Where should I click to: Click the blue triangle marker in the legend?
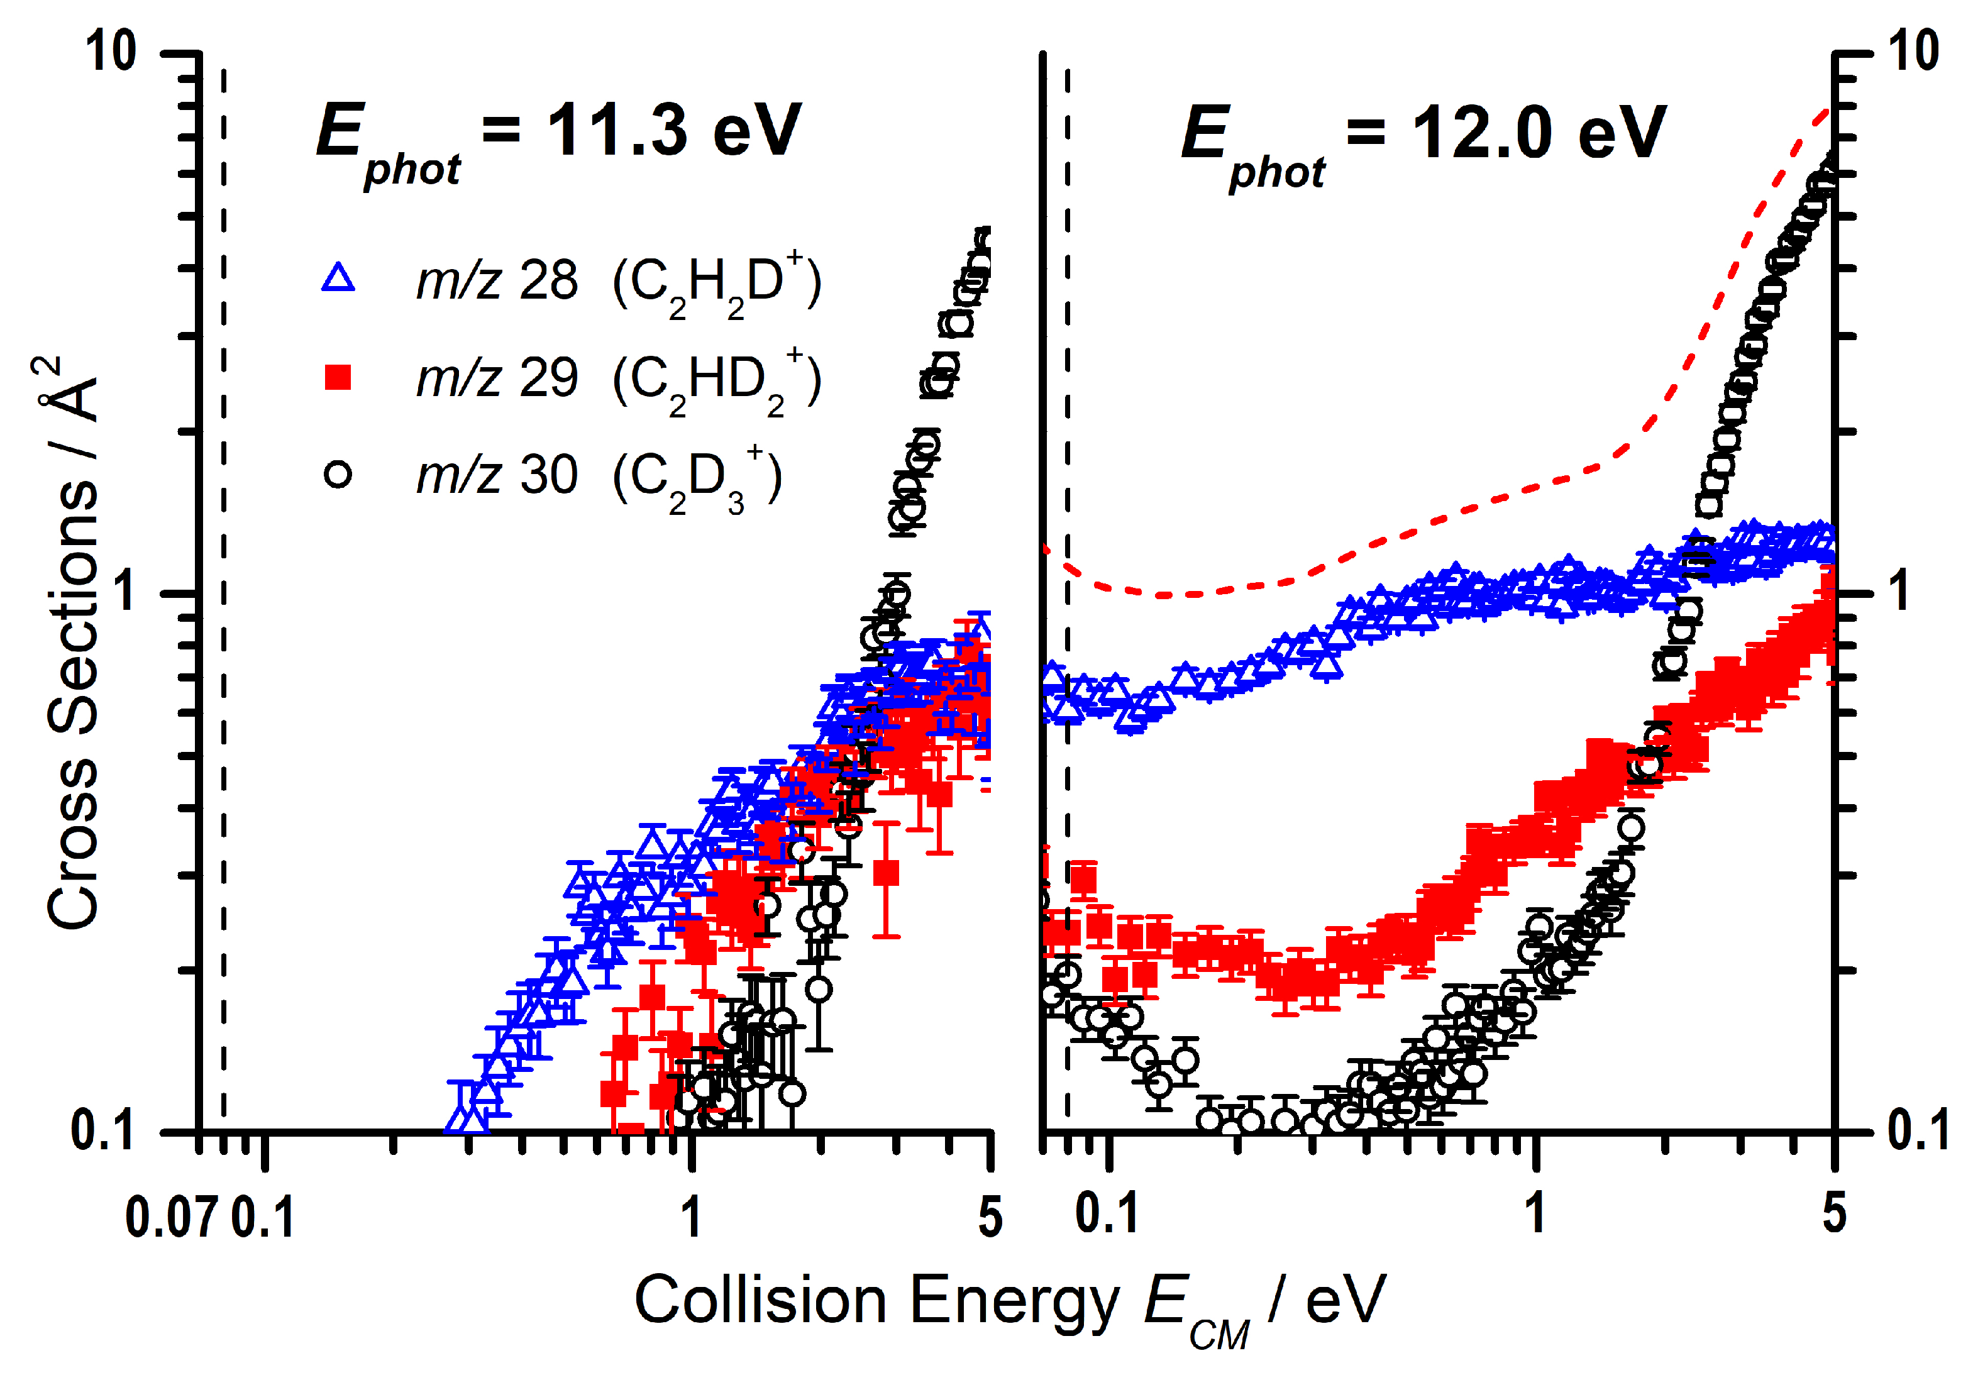tap(338, 279)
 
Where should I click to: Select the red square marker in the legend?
tap(338, 377)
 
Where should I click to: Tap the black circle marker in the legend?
tap(338, 474)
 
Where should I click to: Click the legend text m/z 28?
tap(497, 281)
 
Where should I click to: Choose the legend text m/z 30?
tap(497, 475)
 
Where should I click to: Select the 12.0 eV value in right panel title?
tap(1538, 134)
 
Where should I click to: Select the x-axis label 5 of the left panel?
tap(990, 1218)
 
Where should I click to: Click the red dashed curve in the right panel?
tap(1461, 514)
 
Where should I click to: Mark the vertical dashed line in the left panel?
tap(223, 602)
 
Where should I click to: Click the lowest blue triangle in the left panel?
tap(467, 1117)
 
